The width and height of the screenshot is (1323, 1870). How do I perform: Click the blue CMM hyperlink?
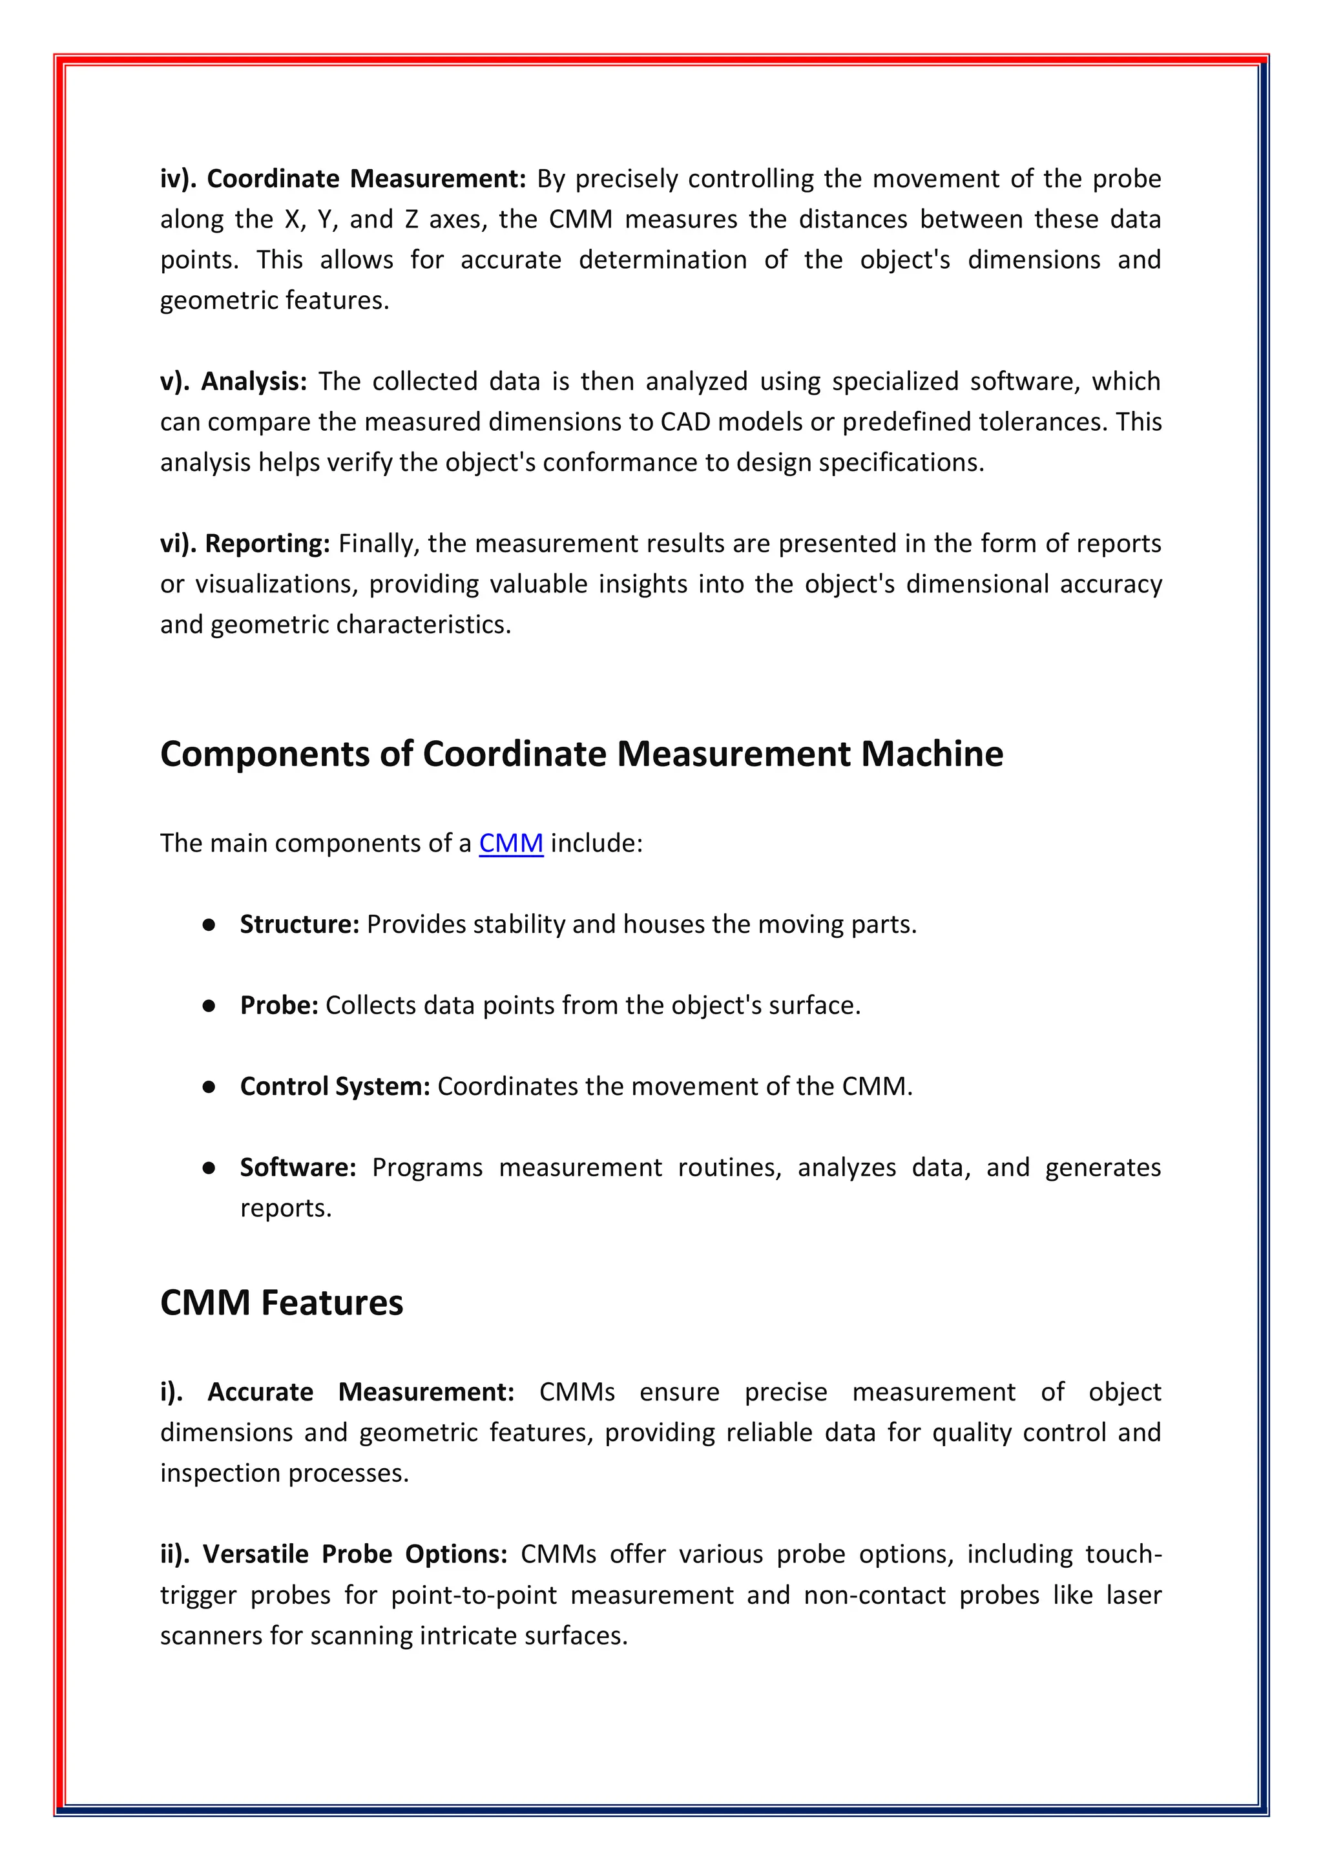click(511, 843)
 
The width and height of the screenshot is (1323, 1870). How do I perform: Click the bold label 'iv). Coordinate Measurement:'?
click(343, 178)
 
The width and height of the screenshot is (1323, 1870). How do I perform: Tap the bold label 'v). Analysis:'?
click(233, 381)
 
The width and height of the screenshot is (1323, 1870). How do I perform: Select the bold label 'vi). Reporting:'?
click(244, 543)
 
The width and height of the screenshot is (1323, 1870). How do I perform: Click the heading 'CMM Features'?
click(281, 1302)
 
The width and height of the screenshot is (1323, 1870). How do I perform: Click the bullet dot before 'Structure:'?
click(209, 924)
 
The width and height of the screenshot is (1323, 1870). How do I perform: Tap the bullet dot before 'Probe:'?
click(209, 1006)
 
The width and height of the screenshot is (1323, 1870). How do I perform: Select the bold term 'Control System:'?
click(334, 1086)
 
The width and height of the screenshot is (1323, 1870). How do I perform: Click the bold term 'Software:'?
click(297, 1167)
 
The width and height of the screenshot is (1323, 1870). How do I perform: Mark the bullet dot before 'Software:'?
click(209, 1168)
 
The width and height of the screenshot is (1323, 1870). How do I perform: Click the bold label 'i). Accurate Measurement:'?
click(337, 1392)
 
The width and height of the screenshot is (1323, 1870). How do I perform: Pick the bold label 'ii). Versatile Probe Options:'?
click(334, 1554)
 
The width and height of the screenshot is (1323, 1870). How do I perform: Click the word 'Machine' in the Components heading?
click(932, 754)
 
